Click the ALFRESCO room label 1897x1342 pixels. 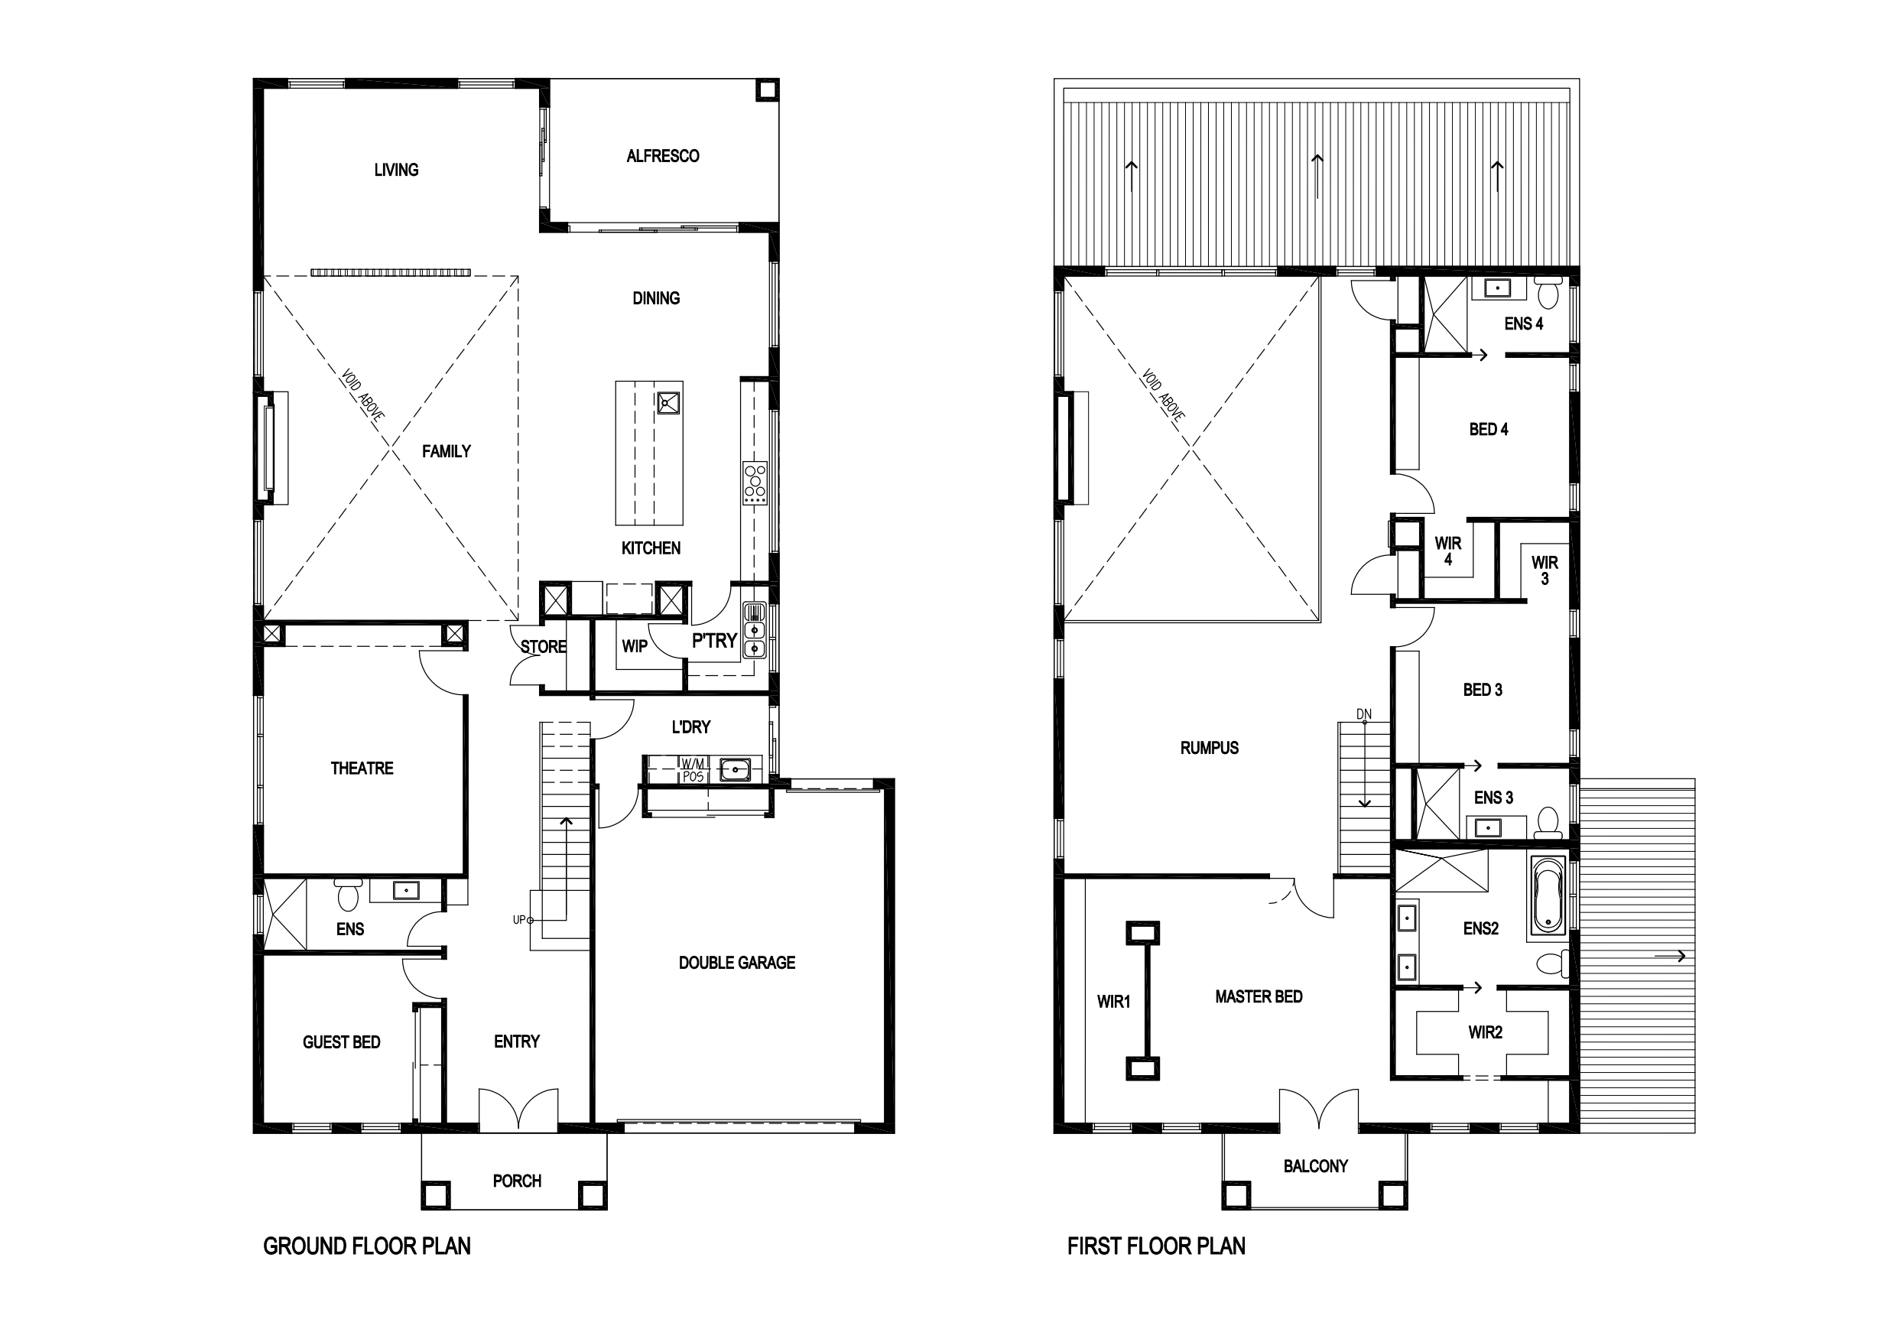coord(663,156)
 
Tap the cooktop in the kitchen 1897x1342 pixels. coord(755,483)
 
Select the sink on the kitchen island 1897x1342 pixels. coord(668,403)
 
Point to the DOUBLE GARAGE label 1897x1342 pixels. coord(737,963)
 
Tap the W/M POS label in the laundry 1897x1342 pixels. coord(693,770)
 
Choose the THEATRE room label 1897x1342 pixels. coord(362,768)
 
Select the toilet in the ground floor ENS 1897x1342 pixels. coord(347,893)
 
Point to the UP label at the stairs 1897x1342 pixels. coord(520,920)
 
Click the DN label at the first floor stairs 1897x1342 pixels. coord(1363,714)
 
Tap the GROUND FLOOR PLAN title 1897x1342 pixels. coord(367,1246)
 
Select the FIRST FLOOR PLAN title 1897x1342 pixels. coord(1156,1246)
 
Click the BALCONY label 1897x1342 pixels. coord(1315,1166)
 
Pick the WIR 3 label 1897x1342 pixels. coord(1545,570)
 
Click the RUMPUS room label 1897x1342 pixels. coord(1209,748)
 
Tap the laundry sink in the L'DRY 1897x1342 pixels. coord(735,770)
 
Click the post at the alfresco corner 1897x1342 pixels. coord(768,89)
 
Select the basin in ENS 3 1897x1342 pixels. coord(1488,827)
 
